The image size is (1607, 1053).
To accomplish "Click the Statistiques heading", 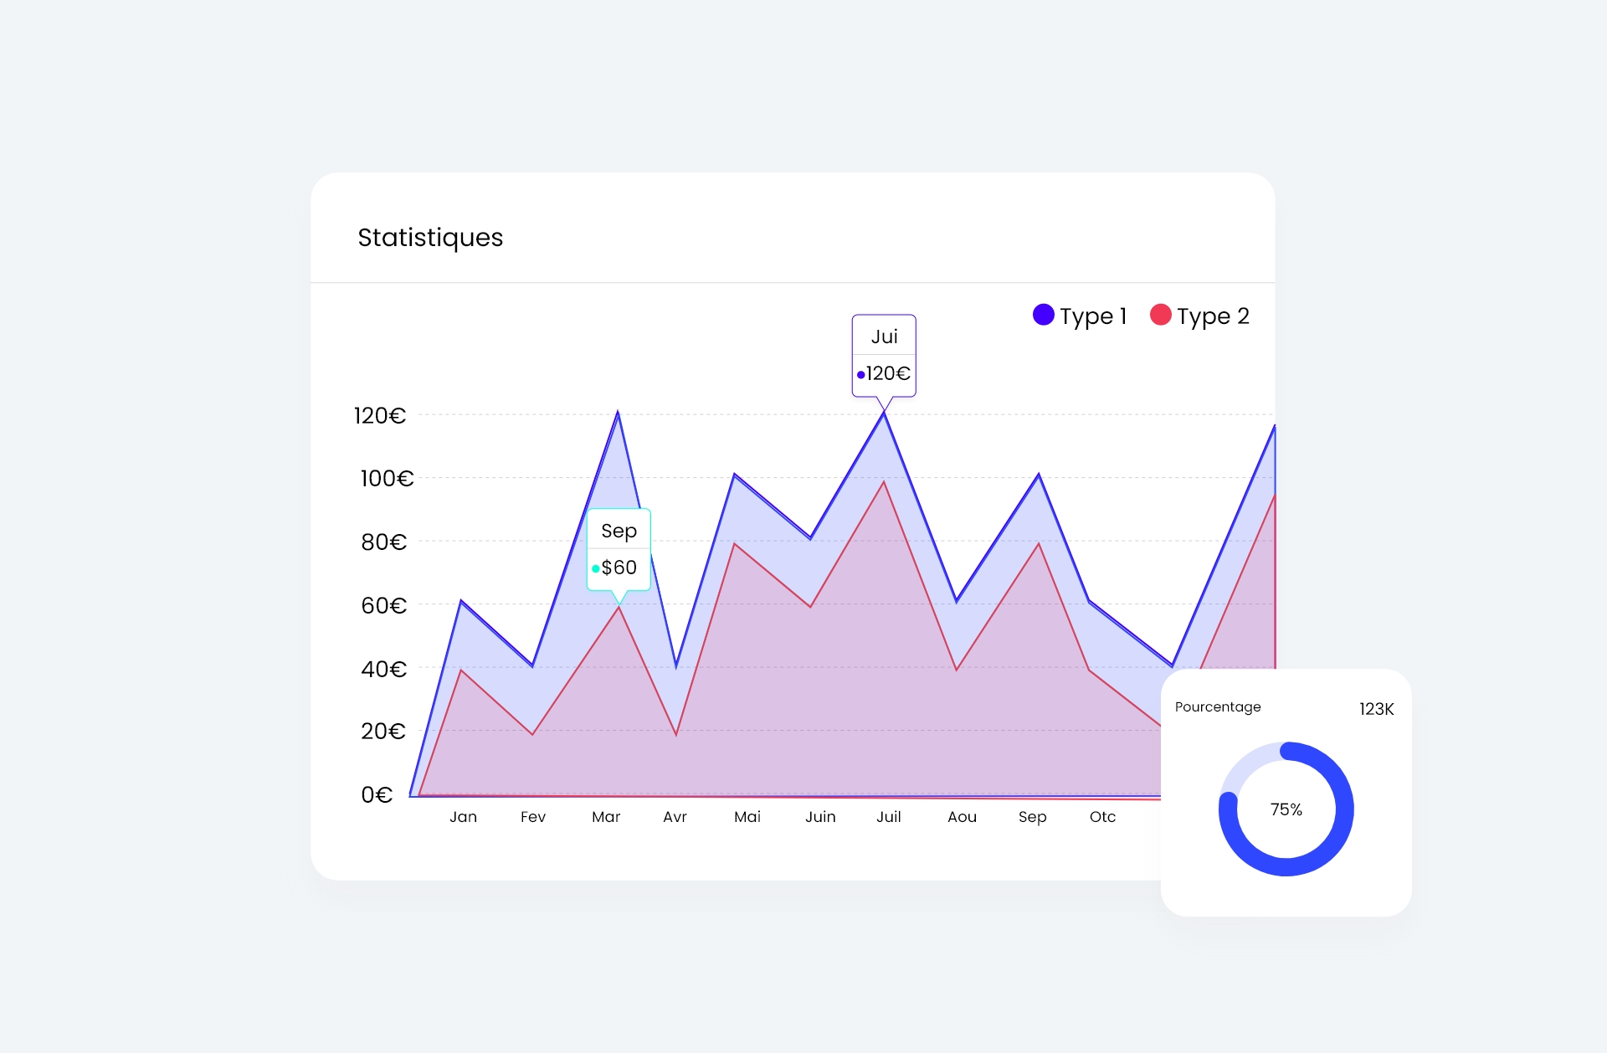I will coord(430,238).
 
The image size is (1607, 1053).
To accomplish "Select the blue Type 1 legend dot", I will coord(1043,315).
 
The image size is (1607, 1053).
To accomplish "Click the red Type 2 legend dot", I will coord(1160,315).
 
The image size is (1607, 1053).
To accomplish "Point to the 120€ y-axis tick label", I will coord(379,415).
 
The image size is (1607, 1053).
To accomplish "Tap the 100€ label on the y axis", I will coord(387,479).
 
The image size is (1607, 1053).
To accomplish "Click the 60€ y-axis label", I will coord(383,605).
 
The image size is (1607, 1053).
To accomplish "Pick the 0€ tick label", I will coord(377,794).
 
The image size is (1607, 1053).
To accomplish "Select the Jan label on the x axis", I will coord(463,817).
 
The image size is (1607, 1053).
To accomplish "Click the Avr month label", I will coord(675,817).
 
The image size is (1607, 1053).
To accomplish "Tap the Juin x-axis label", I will coord(820,817).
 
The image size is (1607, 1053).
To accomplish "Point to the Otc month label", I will coord(1102,817).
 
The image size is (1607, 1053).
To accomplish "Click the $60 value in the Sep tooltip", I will coord(619,568).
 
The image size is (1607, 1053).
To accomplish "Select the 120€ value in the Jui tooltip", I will coord(888,373).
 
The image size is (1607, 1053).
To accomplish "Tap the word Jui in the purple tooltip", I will coord(884,336).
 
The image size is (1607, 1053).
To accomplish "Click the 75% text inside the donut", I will coord(1286,809).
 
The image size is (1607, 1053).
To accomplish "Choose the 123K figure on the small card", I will coord(1376,709).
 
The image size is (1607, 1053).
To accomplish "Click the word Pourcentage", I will coord(1218,706).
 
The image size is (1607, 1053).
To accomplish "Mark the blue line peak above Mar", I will coord(618,413).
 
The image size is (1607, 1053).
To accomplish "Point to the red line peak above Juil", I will coord(884,483).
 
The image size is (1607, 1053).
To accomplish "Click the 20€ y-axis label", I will coord(383,732).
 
